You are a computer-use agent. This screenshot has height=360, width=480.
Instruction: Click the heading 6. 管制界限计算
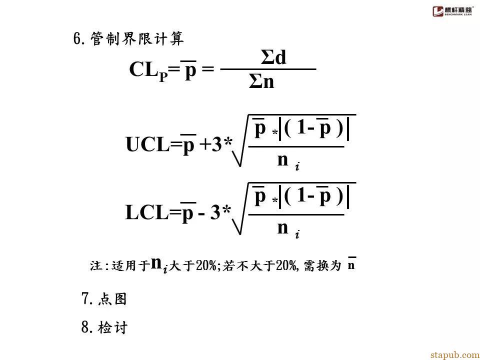click(x=128, y=39)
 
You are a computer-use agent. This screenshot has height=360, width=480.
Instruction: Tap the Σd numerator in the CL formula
click(x=273, y=57)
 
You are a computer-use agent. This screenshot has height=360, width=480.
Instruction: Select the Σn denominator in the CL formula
click(x=261, y=81)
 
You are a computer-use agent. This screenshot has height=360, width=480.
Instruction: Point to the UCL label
click(x=148, y=144)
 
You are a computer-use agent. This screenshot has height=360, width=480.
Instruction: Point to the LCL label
click(x=147, y=212)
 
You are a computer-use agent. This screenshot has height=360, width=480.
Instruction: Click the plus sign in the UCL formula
click(x=205, y=145)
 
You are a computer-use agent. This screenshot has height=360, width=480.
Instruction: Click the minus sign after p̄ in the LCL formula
click(x=201, y=213)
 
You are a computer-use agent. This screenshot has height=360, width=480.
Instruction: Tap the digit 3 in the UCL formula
click(x=217, y=144)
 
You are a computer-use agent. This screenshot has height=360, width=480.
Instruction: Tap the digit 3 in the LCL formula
click(x=215, y=212)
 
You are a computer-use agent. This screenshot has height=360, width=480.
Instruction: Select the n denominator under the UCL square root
click(x=282, y=160)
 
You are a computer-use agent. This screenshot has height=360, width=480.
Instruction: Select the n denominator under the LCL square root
click(x=282, y=228)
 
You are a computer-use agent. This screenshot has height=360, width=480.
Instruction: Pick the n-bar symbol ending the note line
click(x=351, y=264)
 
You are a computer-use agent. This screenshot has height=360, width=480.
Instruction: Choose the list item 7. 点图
click(x=104, y=298)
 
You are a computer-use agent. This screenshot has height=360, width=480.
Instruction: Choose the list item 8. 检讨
click(x=104, y=327)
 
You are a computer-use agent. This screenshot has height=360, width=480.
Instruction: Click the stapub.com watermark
click(x=455, y=355)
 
